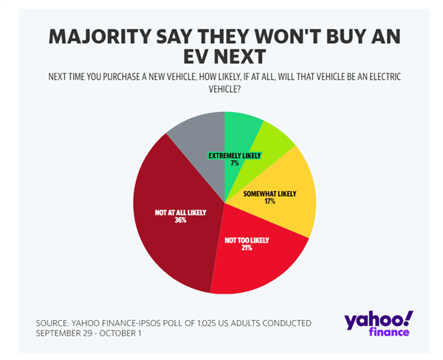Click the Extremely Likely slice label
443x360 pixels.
235,156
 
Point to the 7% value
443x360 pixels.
235,164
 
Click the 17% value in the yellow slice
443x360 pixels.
269,201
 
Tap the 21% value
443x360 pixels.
246,247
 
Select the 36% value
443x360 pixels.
180,219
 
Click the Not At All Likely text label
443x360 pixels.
180,212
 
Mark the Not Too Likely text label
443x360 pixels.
246,239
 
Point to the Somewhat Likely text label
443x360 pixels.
269,193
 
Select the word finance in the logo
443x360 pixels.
388,333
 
